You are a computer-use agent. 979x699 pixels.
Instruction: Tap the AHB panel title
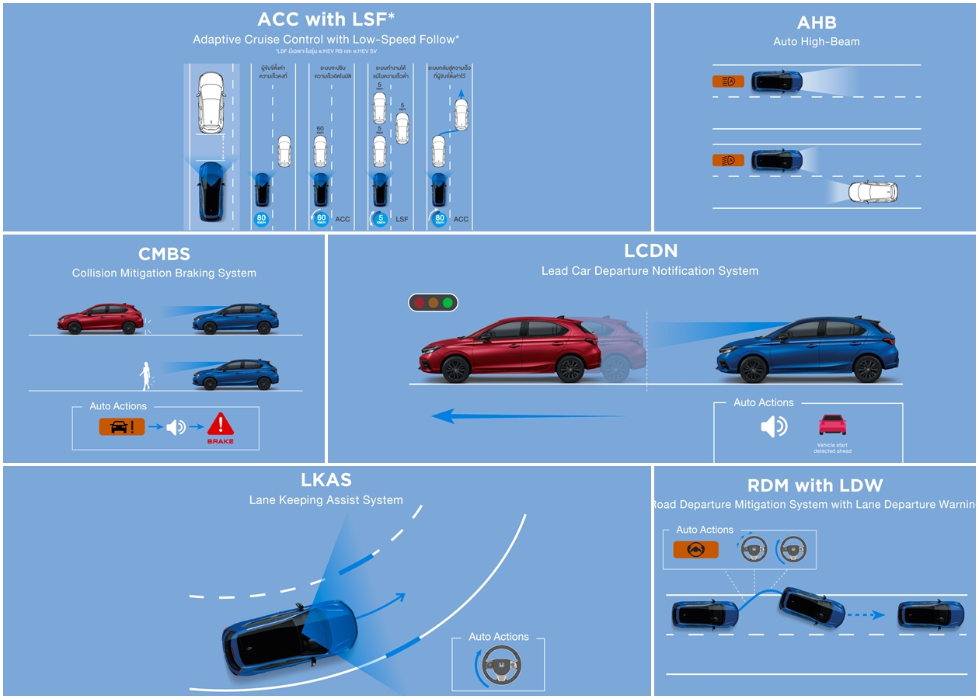(x=816, y=22)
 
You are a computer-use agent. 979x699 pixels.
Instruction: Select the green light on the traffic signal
(x=448, y=303)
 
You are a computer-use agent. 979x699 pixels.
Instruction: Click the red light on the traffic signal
(x=419, y=303)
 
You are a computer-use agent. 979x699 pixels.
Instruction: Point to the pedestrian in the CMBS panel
(x=145, y=376)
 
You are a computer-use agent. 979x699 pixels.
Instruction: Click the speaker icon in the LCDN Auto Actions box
(x=773, y=426)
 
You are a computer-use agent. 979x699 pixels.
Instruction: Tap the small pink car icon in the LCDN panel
(x=832, y=424)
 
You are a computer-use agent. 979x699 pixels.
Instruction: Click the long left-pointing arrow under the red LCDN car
(x=528, y=417)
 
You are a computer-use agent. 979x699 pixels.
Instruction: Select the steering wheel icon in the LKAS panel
(x=501, y=666)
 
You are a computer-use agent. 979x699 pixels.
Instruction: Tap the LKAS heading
(x=326, y=480)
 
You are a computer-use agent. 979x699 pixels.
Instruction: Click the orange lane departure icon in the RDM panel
(x=695, y=550)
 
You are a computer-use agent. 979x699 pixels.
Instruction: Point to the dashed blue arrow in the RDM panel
(x=866, y=614)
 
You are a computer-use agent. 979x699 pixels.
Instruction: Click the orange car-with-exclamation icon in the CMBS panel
(x=121, y=426)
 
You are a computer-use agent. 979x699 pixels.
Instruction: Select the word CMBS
(x=164, y=254)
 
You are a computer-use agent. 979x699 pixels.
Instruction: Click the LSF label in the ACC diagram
(x=402, y=219)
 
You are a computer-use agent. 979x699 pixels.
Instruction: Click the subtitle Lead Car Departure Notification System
(x=650, y=271)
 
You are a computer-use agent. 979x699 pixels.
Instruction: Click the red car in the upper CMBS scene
(x=100, y=318)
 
